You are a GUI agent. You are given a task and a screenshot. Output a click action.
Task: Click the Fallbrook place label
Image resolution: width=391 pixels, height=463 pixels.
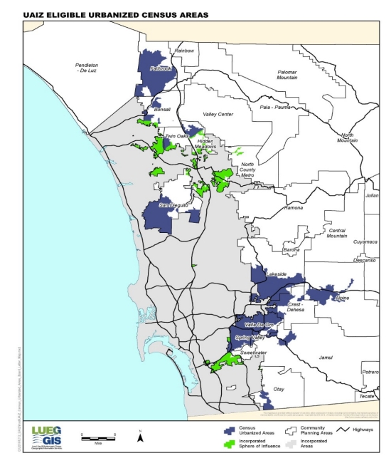pyautogui.click(x=161, y=68)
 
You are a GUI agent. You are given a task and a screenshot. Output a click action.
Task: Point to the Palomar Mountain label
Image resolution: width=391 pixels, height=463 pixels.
pyautogui.click(x=286, y=76)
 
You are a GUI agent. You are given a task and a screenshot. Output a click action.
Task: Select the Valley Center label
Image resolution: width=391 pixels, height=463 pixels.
pyautogui.click(x=218, y=114)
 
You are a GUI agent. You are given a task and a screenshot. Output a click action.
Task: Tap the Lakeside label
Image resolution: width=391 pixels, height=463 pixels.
pyautogui.click(x=276, y=274)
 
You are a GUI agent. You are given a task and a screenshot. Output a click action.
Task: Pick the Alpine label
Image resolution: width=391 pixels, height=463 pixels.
pyautogui.click(x=343, y=298)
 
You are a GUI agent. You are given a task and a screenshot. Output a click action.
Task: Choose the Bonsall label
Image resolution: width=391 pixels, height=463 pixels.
pyautogui.click(x=162, y=110)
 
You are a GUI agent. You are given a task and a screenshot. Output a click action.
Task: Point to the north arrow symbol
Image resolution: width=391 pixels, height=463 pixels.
pyautogui.click(x=141, y=437)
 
